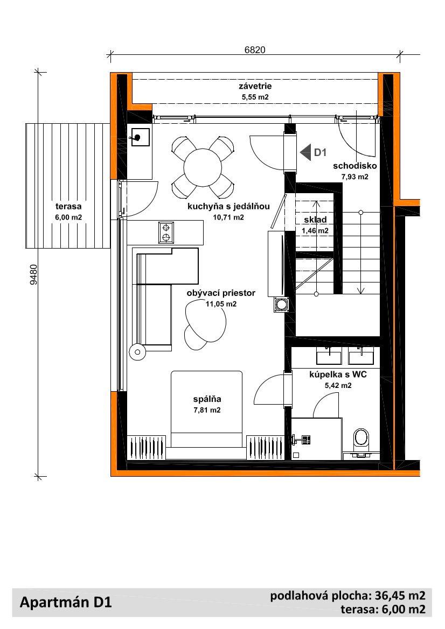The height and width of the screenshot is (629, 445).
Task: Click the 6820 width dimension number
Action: pyautogui.click(x=255, y=50)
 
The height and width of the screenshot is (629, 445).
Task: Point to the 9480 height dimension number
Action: pyautogui.click(x=34, y=274)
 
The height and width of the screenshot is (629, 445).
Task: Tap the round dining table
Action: pyautogui.click(x=203, y=167)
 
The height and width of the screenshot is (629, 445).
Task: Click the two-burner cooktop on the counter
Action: pyautogui.click(x=166, y=232)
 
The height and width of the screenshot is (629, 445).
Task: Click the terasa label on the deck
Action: pyautogui.click(x=68, y=207)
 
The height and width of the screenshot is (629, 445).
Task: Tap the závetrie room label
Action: pyautogui.click(x=255, y=86)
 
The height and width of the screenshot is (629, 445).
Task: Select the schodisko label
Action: pyautogui.click(x=355, y=166)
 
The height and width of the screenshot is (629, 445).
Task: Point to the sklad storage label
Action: pyautogui.click(x=315, y=220)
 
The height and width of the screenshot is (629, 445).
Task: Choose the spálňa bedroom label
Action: pyautogui.click(x=207, y=399)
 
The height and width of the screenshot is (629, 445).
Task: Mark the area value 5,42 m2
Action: pyautogui.click(x=338, y=385)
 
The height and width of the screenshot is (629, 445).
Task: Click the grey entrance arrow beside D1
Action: pyautogui.click(x=305, y=152)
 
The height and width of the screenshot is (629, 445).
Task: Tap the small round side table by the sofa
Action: pyautogui.click(x=138, y=352)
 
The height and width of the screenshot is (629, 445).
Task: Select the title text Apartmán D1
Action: pyautogui.click(x=66, y=602)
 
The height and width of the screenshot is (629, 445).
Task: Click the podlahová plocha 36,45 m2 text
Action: pyautogui.click(x=348, y=596)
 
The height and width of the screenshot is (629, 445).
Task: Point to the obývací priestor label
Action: pyautogui.click(x=221, y=293)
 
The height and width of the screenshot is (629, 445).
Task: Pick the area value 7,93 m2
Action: pyautogui.click(x=355, y=176)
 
